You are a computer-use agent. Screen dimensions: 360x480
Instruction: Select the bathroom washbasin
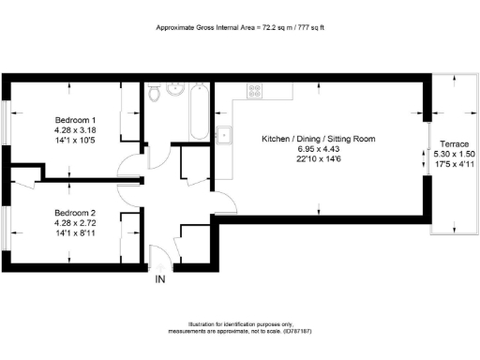174,90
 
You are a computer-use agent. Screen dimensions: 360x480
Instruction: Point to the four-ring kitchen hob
255,90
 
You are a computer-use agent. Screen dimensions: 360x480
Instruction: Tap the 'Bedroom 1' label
74,120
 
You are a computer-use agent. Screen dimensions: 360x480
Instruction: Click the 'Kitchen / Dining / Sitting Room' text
319,139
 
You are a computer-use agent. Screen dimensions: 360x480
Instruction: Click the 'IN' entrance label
159,278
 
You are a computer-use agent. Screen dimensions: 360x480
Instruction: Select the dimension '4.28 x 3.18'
74,130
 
